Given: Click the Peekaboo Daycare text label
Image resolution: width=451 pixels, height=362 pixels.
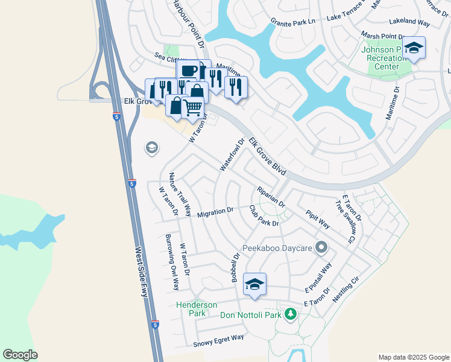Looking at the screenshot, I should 277,247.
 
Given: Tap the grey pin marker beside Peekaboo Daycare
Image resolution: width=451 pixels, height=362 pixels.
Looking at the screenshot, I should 322,246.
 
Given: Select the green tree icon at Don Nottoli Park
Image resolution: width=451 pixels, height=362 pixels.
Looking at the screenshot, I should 291,314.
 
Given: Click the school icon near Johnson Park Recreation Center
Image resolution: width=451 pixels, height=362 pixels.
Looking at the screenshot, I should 414,48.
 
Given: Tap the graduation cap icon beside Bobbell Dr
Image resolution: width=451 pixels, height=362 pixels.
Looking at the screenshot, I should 254,284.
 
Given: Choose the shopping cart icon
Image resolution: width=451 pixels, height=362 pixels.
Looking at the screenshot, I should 192,108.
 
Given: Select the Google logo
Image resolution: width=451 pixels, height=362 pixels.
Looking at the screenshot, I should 20,355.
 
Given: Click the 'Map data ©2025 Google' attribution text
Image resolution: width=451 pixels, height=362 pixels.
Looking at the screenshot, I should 413,357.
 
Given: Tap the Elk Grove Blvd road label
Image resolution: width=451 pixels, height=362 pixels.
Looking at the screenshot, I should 267,156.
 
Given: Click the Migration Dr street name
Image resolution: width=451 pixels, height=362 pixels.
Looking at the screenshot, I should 215,212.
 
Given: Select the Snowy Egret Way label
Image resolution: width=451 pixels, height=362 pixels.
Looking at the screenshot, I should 218,341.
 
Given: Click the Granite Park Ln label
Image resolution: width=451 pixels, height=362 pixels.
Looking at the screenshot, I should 293,21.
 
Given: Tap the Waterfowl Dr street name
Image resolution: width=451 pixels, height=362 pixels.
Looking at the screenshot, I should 232,154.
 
